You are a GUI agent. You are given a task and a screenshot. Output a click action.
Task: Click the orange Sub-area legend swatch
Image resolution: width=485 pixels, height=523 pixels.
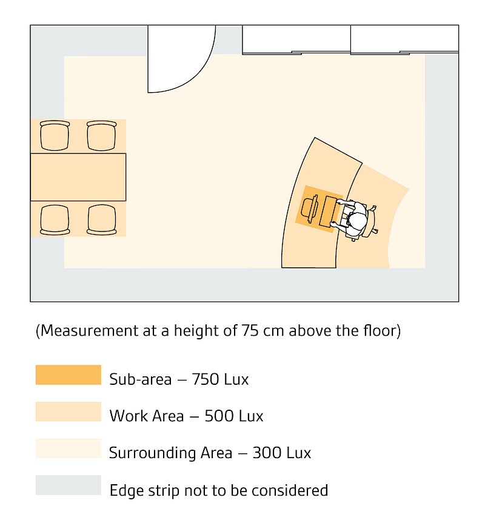(68, 375)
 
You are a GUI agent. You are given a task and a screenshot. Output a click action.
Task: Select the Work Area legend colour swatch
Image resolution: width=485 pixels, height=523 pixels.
(68, 411)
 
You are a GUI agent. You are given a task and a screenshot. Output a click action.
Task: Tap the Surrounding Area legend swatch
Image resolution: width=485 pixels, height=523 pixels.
(68, 448)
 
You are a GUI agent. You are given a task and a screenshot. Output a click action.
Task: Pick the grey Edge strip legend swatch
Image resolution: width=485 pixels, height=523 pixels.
(68, 485)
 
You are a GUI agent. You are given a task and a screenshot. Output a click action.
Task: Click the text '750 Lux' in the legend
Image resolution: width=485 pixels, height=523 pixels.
(220, 380)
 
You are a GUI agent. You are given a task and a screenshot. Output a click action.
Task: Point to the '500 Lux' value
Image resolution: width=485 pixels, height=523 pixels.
(234, 417)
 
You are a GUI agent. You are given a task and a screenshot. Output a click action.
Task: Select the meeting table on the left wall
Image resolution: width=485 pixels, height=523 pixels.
(78, 177)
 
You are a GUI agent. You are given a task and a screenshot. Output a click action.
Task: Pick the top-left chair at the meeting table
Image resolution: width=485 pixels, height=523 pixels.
(55, 136)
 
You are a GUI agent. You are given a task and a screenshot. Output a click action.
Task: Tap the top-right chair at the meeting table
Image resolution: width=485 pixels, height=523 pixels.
(101, 136)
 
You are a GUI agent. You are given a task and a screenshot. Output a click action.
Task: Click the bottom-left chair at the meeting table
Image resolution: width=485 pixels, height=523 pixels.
(55, 219)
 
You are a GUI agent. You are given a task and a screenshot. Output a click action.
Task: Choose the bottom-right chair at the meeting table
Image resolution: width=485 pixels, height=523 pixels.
(101, 219)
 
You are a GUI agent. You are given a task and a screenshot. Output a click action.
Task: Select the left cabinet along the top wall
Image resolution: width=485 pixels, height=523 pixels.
(296, 40)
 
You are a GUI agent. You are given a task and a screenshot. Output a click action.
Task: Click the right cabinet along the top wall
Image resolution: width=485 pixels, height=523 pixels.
(404, 40)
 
